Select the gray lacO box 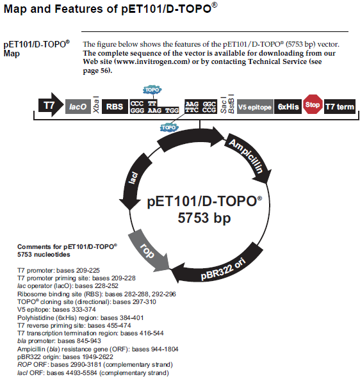point(78,106)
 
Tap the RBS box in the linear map point(115,106)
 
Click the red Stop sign point(313,104)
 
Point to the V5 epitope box point(255,107)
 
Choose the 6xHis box point(288,106)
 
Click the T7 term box point(340,106)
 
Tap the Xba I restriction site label point(96,104)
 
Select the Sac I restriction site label point(224,105)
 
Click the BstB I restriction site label point(231,104)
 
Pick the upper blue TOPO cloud point(152,90)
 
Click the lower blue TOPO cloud point(169,127)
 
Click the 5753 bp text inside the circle point(204,218)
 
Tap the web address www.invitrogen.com point(153,61)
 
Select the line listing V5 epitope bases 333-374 point(56,309)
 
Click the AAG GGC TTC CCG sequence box point(200,107)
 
